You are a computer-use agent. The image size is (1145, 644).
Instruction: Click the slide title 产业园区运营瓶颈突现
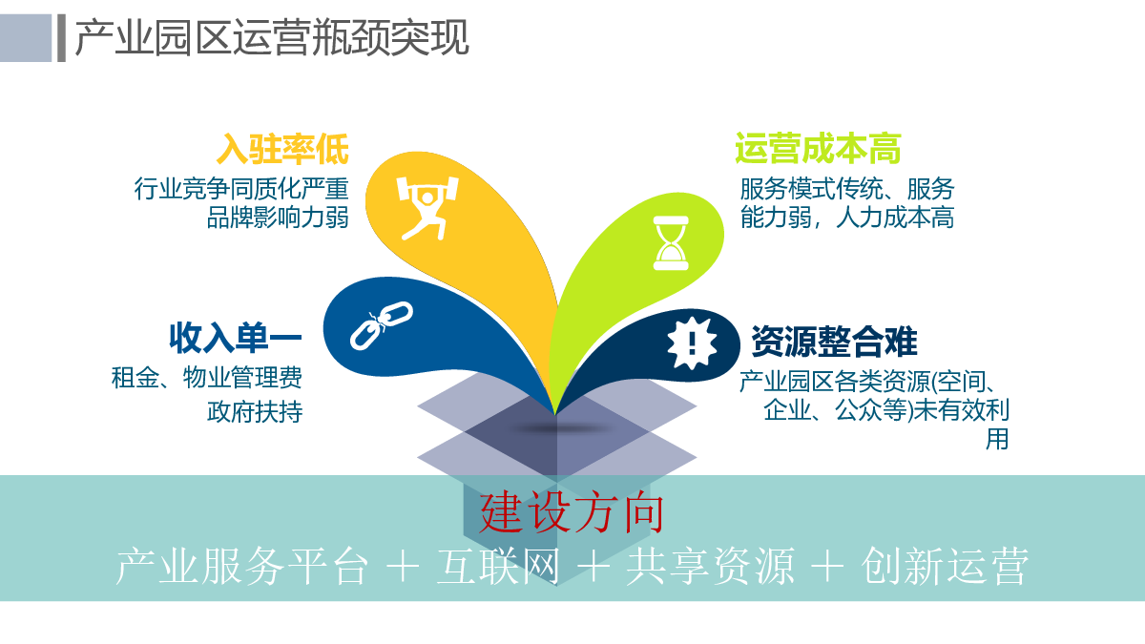point(271,37)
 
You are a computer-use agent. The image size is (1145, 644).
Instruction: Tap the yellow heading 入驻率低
point(282,149)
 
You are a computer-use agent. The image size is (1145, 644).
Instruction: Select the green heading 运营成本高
point(818,149)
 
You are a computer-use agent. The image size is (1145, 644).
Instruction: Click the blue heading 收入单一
point(236,338)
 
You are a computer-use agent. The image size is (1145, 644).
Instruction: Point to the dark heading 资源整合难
point(834,342)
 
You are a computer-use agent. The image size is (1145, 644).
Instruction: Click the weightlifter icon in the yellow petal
point(427,208)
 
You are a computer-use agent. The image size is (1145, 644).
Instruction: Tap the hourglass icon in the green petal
point(671,242)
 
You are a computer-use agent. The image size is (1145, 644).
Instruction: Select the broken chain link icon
point(382,325)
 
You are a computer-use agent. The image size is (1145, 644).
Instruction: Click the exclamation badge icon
point(692,343)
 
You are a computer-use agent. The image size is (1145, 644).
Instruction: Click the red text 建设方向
point(572,513)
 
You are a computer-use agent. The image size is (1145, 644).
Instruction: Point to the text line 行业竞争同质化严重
point(241,189)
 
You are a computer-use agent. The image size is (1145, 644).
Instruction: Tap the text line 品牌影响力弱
point(278,218)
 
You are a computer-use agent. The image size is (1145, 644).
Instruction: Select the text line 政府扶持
point(255,411)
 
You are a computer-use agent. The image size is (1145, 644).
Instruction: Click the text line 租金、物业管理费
point(206,378)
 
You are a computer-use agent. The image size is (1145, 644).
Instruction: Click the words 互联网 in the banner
point(498,567)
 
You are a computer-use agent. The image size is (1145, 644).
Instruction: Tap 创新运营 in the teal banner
point(945,567)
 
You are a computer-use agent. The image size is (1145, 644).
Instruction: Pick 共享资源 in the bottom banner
point(711,567)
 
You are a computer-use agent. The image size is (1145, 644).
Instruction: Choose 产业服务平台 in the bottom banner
point(241,567)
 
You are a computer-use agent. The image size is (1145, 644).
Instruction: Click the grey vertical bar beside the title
point(61,38)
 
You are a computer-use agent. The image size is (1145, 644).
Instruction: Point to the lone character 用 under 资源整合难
point(997,439)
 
